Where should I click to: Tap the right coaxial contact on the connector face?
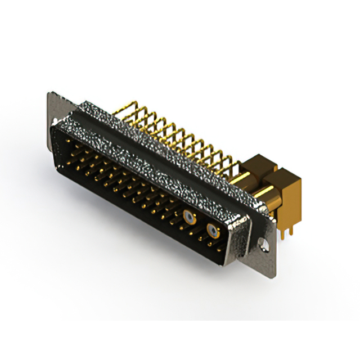213,229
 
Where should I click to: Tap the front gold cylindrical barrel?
269,199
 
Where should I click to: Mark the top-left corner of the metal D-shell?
53,127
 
